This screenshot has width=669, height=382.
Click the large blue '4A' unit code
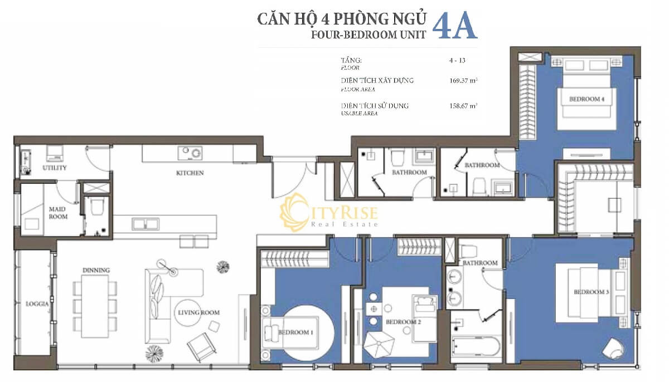(x=454, y=26)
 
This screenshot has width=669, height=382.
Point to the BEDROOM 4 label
(x=586, y=99)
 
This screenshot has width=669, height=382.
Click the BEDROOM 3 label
(x=592, y=292)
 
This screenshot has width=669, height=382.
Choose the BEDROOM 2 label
(x=403, y=322)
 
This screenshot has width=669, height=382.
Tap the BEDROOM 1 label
(x=295, y=332)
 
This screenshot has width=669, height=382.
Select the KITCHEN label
(x=190, y=173)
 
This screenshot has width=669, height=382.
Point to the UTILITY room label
(x=55, y=168)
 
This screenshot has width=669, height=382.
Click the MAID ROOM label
(x=57, y=213)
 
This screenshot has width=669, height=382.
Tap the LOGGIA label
(x=37, y=305)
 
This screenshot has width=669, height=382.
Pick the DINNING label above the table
(x=96, y=270)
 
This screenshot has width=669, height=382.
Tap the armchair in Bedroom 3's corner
(x=614, y=349)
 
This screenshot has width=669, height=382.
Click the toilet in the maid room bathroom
(x=97, y=208)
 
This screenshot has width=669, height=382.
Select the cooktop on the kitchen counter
(x=190, y=153)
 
